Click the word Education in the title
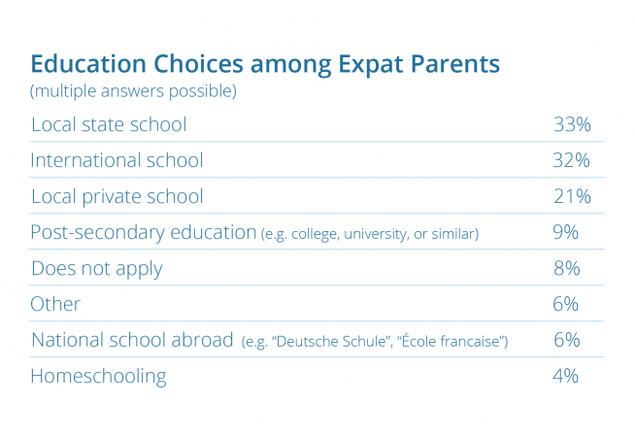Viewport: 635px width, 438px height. (x=88, y=64)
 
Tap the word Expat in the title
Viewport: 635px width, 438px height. (x=370, y=65)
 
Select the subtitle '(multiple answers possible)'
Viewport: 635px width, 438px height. (x=133, y=91)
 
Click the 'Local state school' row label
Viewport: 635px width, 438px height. (x=109, y=124)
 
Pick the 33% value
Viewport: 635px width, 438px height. (x=572, y=124)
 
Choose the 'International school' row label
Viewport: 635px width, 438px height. (x=117, y=160)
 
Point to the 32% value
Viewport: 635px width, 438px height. (x=572, y=160)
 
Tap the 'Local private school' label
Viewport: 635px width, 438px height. (x=117, y=197)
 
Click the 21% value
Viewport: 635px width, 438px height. (x=572, y=196)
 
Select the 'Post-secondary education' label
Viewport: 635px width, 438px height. (x=144, y=232)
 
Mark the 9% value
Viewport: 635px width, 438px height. (x=565, y=232)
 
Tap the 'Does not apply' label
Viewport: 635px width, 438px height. (x=97, y=269)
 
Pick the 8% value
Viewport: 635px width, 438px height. (x=566, y=268)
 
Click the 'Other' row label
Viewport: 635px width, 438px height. (x=55, y=304)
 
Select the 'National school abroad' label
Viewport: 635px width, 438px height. (x=132, y=340)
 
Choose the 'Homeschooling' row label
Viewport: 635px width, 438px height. (x=98, y=377)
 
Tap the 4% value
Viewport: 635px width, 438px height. (x=565, y=376)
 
